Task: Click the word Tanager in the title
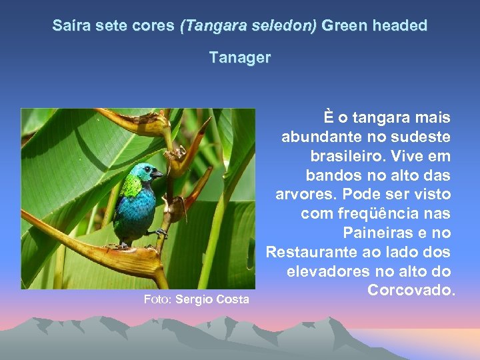240,58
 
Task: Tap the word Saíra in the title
70,26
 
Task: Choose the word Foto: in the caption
158,299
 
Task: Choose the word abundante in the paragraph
319,137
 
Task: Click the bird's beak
158,174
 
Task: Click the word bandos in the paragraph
331,175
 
